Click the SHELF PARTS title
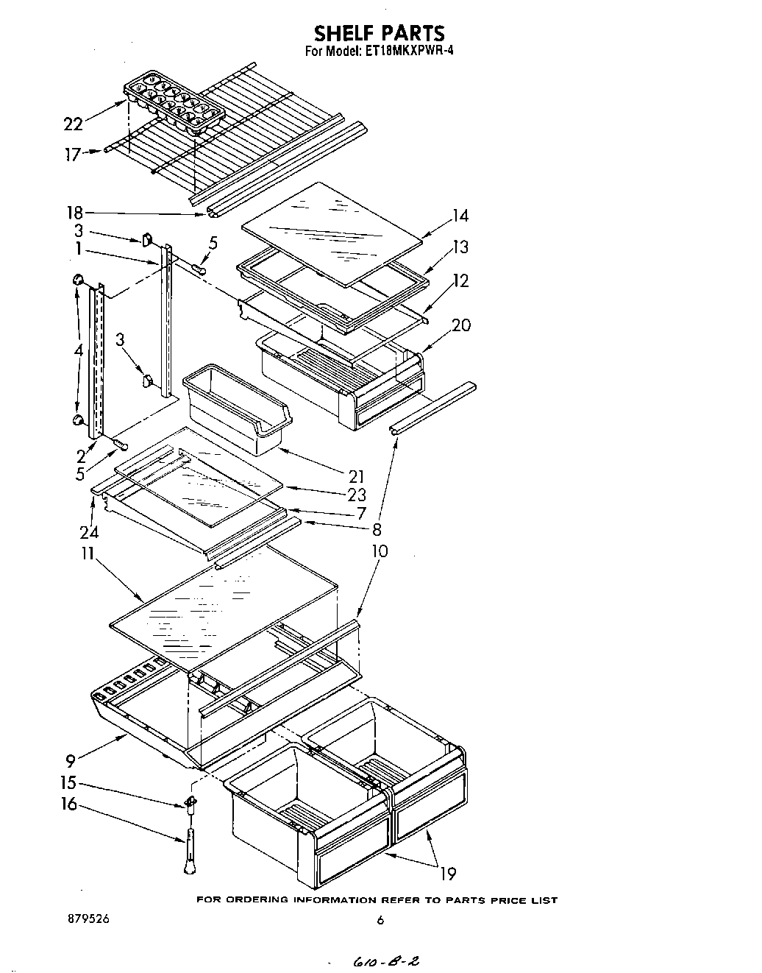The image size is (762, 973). (x=380, y=33)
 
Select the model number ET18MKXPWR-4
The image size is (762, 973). (x=405, y=52)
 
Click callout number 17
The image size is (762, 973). (x=71, y=155)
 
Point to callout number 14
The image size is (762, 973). (x=460, y=216)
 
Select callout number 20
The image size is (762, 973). (x=461, y=325)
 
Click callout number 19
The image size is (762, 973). (x=447, y=874)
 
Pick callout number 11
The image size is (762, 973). (x=88, y=553)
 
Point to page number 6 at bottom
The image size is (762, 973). (x=380, y=919)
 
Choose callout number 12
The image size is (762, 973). (x=460, y=280)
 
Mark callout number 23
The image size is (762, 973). (x=357, y=495)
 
